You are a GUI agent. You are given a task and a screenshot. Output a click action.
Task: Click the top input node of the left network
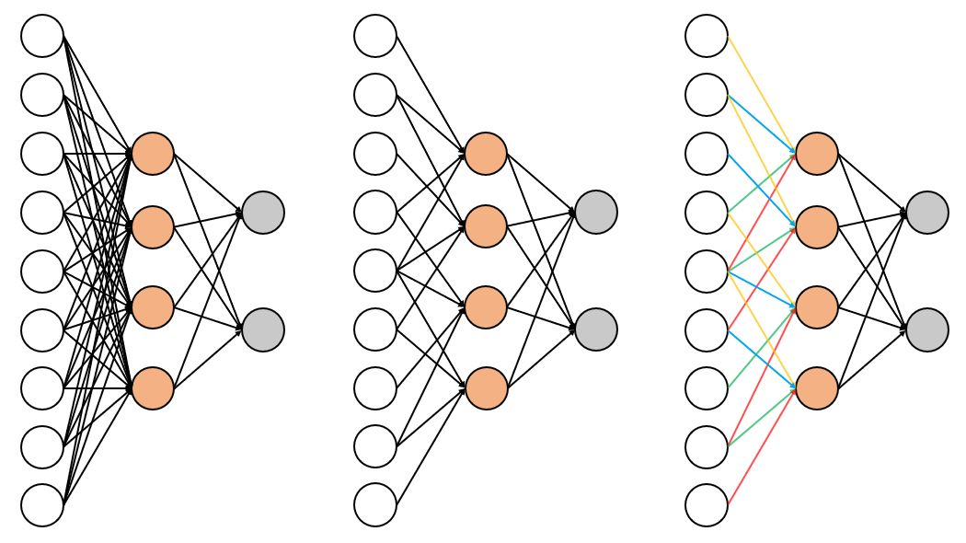pos(42,36)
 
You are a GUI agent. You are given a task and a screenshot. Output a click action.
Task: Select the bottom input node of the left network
pos(42,505)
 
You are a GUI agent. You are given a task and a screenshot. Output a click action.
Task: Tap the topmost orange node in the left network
pos(153,154)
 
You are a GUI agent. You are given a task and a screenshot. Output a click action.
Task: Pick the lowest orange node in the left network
pos(153,388)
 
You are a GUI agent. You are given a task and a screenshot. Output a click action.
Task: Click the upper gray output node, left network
pos(263,213)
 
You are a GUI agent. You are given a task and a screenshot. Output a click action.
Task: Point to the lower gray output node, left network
pos(263,329)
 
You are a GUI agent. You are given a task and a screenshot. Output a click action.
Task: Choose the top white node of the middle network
pos(375,36)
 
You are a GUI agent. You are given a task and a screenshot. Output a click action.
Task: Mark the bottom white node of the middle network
pos(375,505)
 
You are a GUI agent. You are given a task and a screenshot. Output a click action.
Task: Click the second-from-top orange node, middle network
pos(486,226)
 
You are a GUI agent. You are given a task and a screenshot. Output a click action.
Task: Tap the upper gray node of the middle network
pos(596,213)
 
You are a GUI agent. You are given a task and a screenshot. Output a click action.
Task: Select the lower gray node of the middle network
pos(596,329)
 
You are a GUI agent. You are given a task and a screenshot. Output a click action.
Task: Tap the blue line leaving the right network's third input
pos(762,189)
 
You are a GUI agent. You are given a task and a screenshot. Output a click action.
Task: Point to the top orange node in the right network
pos(817,154)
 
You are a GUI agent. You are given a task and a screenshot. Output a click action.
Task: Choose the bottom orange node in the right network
pos(817,388)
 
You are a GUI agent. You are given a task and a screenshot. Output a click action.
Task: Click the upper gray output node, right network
pos(927,213)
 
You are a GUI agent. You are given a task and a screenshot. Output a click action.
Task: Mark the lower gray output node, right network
pos(927,329)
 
